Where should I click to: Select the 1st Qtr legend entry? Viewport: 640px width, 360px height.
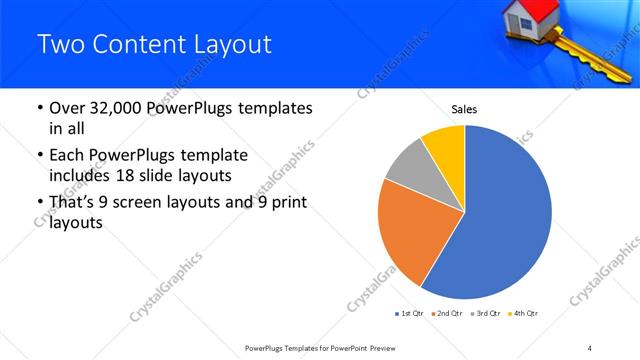click(410, 314)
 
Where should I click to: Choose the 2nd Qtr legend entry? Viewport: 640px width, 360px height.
click(447, 314)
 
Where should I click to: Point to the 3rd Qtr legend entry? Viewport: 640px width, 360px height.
click(485, 314)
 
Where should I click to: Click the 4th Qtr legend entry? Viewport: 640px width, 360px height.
click(522, 314)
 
